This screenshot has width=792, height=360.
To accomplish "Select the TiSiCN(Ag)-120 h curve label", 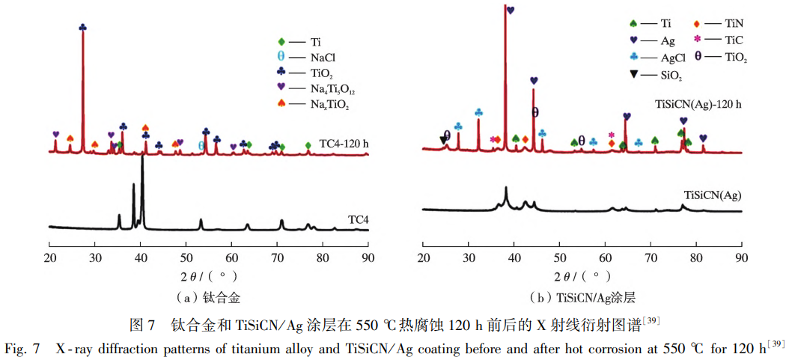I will tap(698, 104).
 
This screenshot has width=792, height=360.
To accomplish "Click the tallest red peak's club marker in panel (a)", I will tap(82, 28).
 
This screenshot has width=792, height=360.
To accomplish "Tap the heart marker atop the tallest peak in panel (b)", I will tap(511, 10).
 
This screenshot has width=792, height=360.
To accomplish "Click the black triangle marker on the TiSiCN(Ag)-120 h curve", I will tap(442, 139).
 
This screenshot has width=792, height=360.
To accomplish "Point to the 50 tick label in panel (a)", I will tap(186, 258).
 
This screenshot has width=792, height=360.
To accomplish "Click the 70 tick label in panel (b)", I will tap(651, 258).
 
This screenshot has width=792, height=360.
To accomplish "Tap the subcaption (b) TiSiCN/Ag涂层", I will tap(582, 297).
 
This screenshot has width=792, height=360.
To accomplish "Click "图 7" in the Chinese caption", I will tap(141, 326).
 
